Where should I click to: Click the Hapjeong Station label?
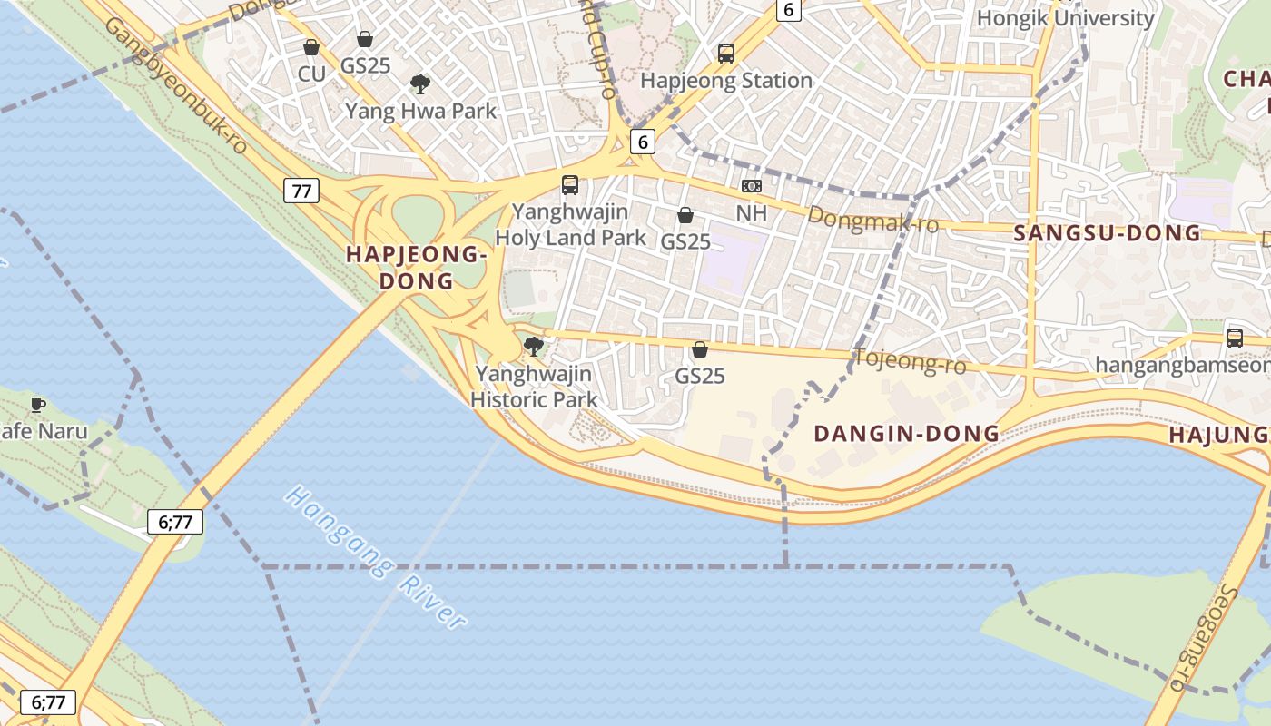pos(726,81)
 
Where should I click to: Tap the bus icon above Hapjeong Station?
pos(726,54)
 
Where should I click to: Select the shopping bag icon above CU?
pos(311,47)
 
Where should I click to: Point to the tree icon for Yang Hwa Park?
pos(420,84)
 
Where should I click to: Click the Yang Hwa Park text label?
pos(420,112)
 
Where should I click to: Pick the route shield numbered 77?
pos(301,191)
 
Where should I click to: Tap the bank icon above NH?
pos(752,186)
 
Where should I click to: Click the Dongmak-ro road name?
pos(872,219)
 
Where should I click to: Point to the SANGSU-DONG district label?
pos(1107,233)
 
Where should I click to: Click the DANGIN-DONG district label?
pos(906,434)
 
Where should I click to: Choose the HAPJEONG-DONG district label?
pos(417,268)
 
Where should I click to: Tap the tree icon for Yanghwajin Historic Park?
pos(534,346)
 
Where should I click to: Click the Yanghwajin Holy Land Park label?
pos(570,225)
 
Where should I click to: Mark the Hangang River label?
pos(376,557)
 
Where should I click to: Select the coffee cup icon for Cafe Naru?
pos(37,405)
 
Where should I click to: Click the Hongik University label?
pos(1065,17)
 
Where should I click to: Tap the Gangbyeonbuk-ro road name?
pos(176,83)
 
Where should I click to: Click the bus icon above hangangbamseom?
pos(1235,338)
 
